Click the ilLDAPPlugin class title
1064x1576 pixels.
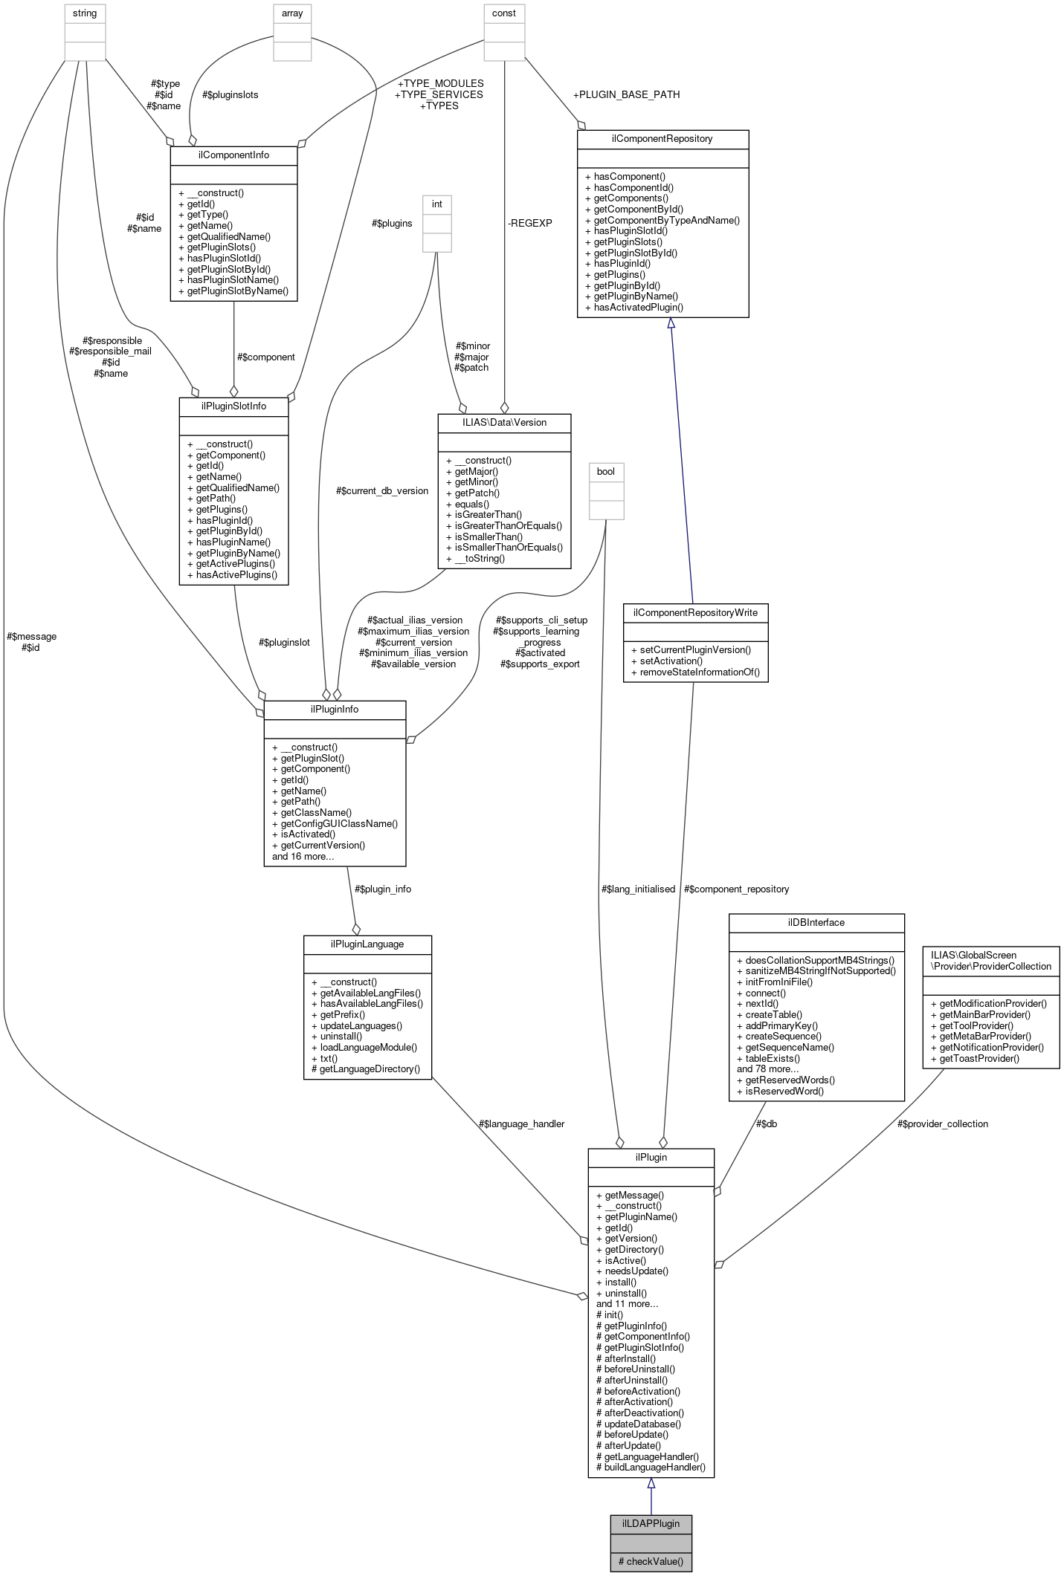651,1523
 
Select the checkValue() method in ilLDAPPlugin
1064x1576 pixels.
651,1561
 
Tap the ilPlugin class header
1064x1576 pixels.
651,1157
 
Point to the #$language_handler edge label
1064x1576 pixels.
521,1123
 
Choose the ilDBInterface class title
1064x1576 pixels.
816,922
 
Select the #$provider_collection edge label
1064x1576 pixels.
942,1123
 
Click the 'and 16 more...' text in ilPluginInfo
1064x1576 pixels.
303,856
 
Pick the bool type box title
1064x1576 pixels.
606,471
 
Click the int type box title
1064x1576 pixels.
437,204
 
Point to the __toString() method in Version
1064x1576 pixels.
475,558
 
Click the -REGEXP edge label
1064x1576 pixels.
529,223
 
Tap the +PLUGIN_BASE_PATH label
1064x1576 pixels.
626,94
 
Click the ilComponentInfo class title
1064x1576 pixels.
233,155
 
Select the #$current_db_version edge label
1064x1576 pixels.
381,490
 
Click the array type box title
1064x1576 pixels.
292,13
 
